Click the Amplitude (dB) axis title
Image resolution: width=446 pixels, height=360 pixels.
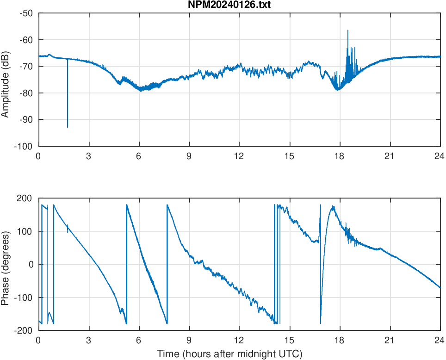click(6, 80)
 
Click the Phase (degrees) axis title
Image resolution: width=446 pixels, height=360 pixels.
click(6, 264)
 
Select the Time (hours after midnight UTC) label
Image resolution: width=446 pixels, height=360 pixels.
click(229, 354)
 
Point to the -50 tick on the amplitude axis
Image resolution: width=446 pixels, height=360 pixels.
click(26, 13)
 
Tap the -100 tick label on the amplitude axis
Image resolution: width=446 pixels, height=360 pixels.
click(24, 146)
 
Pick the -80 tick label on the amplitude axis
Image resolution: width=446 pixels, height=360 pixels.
click(26, 93)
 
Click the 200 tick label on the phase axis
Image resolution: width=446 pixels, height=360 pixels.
click(25, 199)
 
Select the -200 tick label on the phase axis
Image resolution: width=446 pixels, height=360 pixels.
click(24, 330)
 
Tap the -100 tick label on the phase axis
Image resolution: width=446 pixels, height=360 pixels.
click(24, 298)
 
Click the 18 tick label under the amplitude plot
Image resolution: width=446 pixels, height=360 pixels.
click(340, 156)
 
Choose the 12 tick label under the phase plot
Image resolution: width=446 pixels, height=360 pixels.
click(239, 340)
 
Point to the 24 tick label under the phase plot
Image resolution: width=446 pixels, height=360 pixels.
click(440, 340)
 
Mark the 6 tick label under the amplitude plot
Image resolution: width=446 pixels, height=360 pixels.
click(139, 156)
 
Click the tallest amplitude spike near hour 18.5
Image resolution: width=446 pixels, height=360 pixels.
click(348, 31)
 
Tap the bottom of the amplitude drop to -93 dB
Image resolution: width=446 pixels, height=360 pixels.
click(68, 127)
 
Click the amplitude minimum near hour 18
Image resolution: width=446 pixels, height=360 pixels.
click(337, 89)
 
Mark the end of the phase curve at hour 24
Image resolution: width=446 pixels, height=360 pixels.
click(440, 287)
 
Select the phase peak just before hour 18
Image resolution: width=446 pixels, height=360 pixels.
click(333, 206)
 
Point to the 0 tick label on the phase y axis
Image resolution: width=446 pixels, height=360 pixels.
click(31, 264)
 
